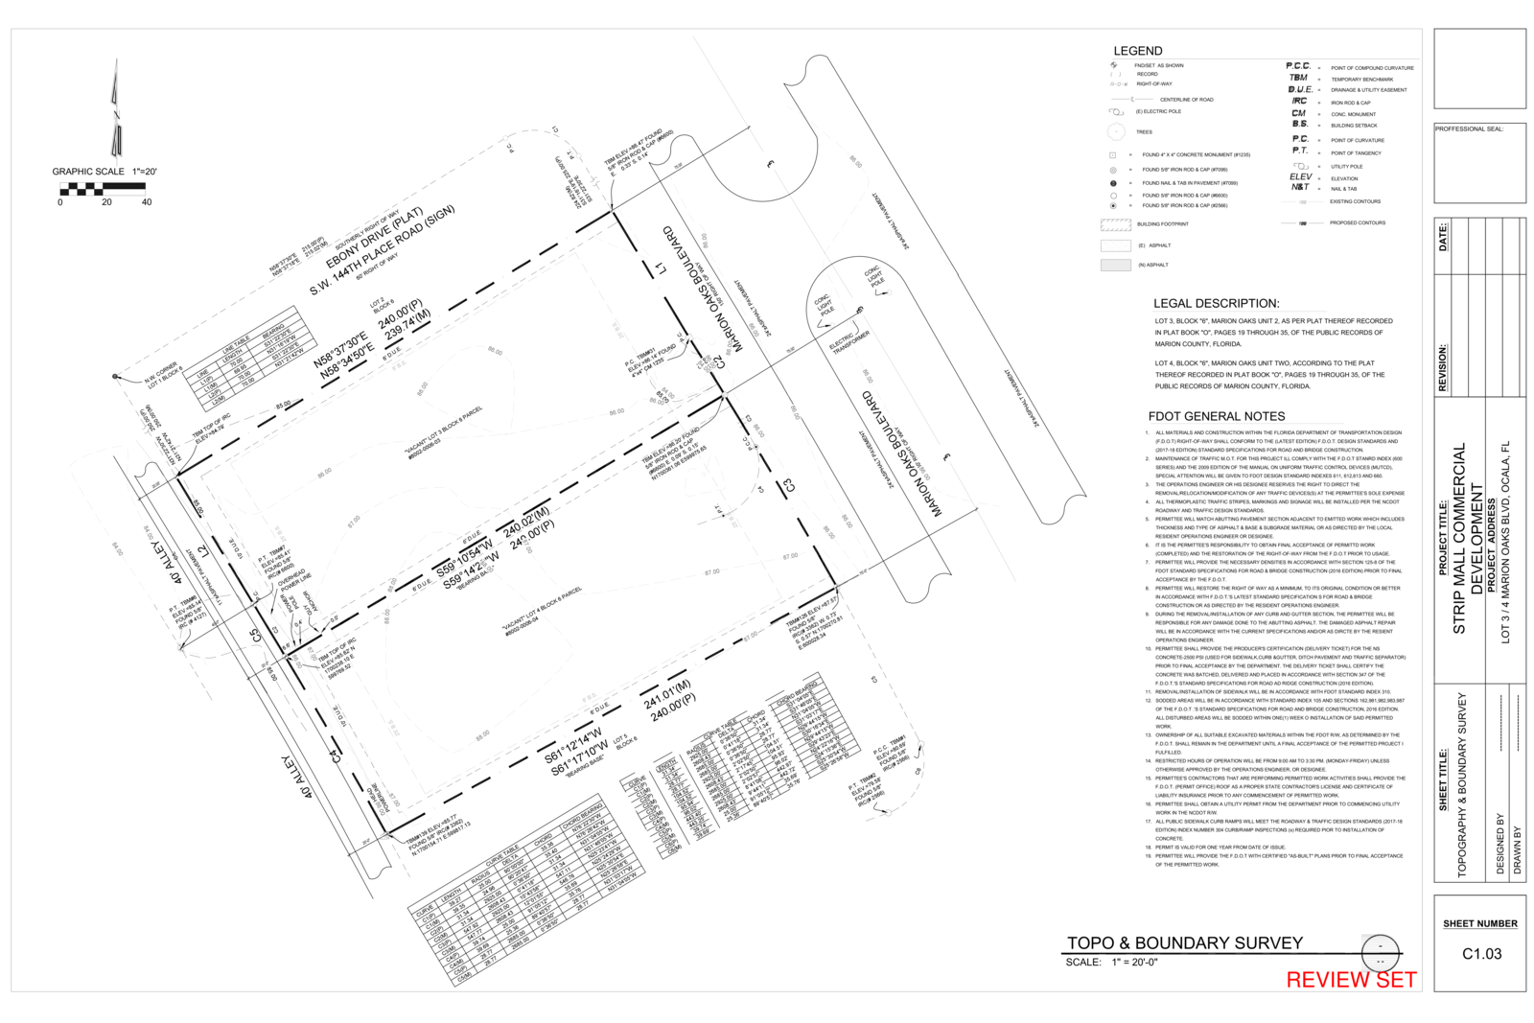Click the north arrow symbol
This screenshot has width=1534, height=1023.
(116, 110)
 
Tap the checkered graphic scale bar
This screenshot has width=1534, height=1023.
(103, 188)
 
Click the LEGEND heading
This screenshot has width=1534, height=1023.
(1137, 51)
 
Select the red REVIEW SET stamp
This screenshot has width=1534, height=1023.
(1350, 979)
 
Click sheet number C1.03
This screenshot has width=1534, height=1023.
(1481, 954)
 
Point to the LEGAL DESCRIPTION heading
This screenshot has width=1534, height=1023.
(1216, 303)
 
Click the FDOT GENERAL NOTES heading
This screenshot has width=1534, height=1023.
(1216, 416)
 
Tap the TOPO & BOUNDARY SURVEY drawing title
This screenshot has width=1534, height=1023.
(1184, 943)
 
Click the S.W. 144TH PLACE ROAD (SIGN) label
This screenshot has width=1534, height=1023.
(382, 252)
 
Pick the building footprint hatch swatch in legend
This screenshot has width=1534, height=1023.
(1115, 225)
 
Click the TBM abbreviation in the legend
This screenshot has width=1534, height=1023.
(1298, 78)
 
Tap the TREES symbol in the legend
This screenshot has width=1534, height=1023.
(1116, 132)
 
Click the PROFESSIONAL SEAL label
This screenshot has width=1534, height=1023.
(1469, 128)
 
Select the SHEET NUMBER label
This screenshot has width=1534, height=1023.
(1480, 924)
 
